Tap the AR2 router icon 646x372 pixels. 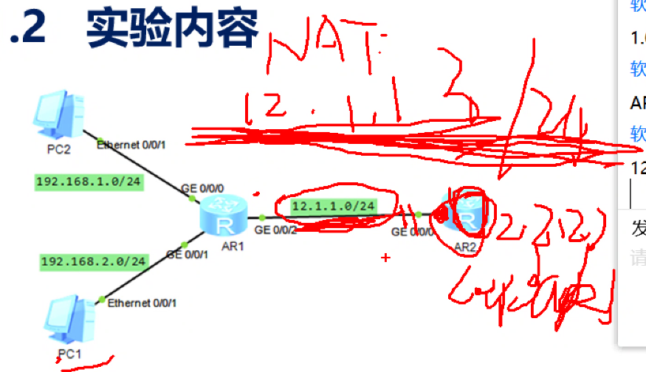(x=462, y=214)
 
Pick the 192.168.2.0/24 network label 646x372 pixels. (x=94, y=261)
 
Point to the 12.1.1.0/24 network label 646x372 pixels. (x=333, y=206)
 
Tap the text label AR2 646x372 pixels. (x=466, y=247)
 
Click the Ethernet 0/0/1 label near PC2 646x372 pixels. (x=131, y=144)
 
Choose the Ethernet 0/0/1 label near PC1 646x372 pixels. (x=142, y=303)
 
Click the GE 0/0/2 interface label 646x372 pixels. (x=276, y=230)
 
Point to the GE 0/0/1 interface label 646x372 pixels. (x=187, y=255)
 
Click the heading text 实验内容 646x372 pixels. (x=172, y=29)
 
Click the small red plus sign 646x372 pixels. (x=385, y=258)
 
